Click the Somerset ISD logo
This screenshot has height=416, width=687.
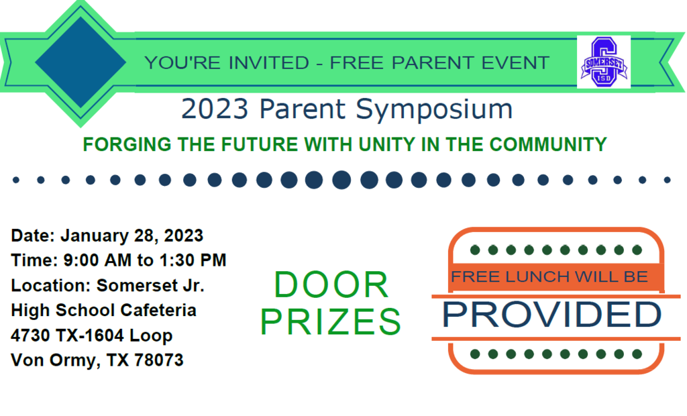[x=604, y=62]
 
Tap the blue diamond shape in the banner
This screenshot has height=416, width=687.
[x=81, y=62]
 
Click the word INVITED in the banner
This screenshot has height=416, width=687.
[x=268, y=62]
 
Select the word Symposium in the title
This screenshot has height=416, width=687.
[x=434, y=109]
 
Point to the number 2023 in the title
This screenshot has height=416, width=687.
[x=215, y=109]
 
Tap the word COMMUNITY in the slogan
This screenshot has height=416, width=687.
[x=548, y=145]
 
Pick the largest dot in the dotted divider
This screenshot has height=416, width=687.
[x=341, y=180]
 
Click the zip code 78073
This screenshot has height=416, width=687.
[x=158, y=360]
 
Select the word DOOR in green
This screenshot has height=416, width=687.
[x=331, y=285]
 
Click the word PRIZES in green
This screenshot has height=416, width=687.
[x=331, y=322]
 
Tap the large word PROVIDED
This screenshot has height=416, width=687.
[x=552, y=315]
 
